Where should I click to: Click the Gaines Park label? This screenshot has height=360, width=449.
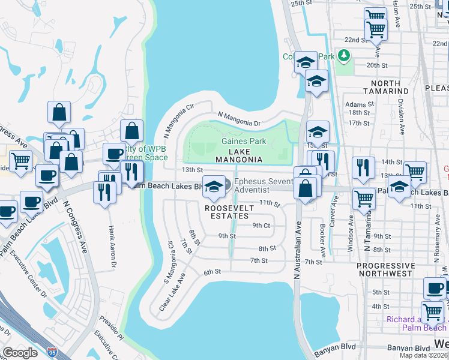tap(243, 141)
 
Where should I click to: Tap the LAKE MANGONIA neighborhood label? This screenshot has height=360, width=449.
tap(239, 155)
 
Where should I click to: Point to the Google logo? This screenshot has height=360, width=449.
tap(20, 352)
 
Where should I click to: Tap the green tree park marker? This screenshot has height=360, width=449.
tap(343, 56)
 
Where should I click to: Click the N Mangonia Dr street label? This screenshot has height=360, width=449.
tap(238, 119)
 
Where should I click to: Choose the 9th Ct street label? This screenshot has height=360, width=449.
tap(261, 225)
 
